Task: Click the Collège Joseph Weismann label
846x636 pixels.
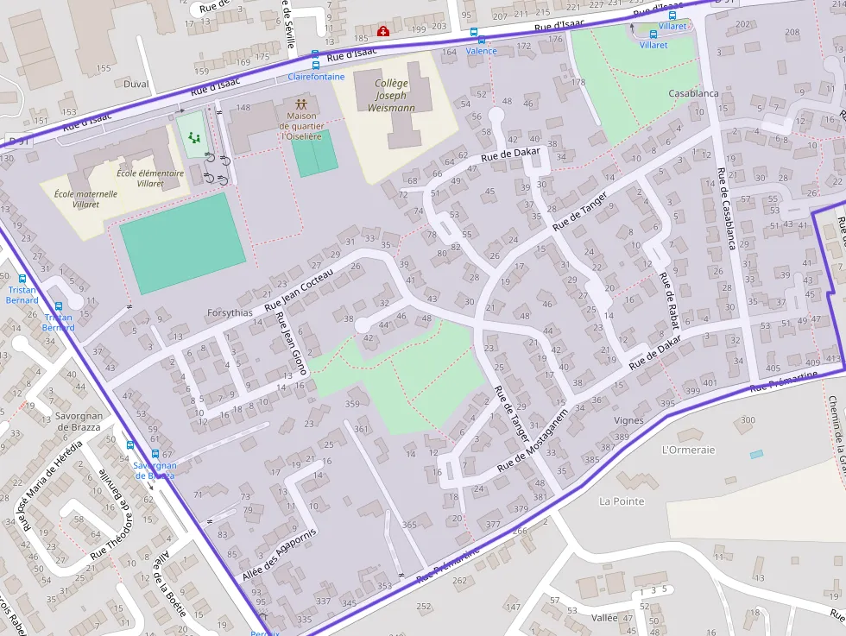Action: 390,96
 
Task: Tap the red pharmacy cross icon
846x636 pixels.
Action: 383,32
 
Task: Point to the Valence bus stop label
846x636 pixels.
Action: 481,51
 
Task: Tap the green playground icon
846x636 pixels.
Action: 194,137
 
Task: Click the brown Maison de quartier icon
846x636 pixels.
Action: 300,104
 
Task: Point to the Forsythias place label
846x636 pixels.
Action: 230,312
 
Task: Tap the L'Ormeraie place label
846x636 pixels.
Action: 688,450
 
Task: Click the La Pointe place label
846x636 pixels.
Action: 622,501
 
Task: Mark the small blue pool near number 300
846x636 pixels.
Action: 756,454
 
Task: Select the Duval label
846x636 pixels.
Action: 136,85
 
